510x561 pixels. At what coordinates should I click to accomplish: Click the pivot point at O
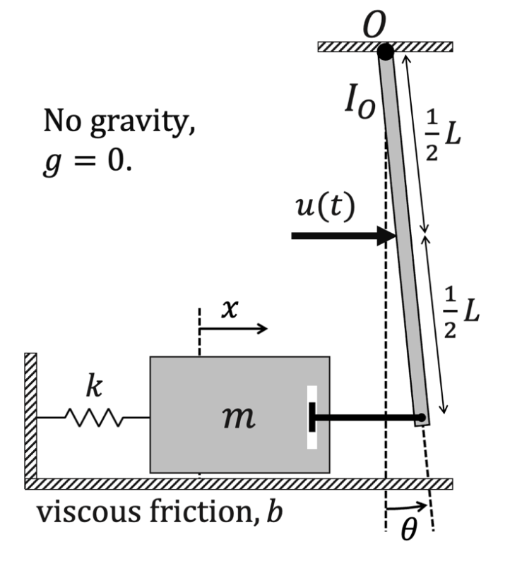[x=385, y=52]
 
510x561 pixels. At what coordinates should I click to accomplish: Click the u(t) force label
[x=324, y=208]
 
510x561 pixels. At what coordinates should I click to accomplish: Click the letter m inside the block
[x=237, y=418]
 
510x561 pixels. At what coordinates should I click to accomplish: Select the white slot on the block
[x=312, y=418]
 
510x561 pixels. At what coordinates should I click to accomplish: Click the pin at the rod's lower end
[x=421, y=418]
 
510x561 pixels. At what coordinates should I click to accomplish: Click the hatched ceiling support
[x=385, y=47]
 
